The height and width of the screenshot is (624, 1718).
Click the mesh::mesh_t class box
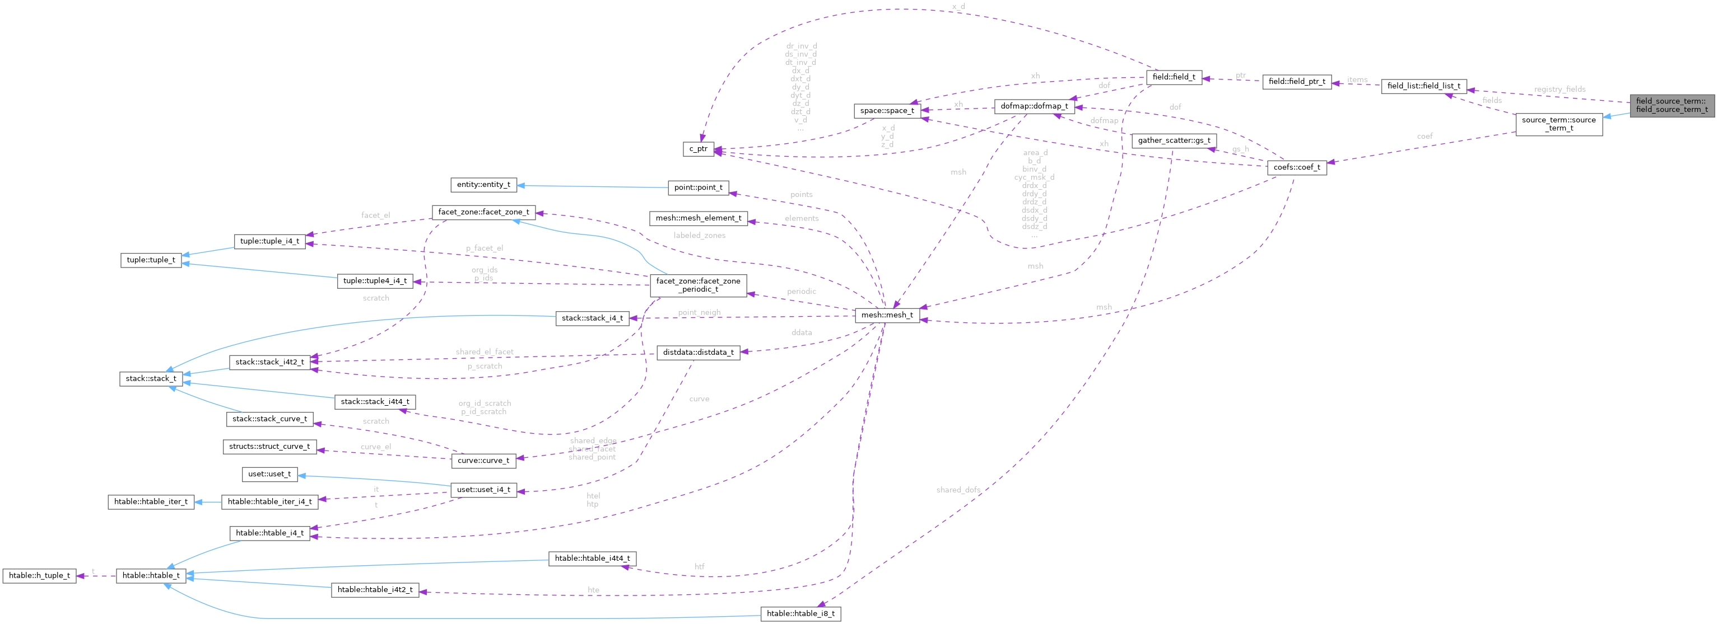pyautogui.click(x=887, y=315)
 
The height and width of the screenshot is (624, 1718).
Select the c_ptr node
pyautogui.click(x=699, y=149)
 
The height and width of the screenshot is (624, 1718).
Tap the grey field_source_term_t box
pyautogui.click(x=1672, y=105)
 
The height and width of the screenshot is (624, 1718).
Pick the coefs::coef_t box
pyautogui.click(x=1297, y=167)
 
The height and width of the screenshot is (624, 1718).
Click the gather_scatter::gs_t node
pyautogui.click(x=1174, y=140)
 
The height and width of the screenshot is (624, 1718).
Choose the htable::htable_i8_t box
pyautogui.click(x=800, y=613)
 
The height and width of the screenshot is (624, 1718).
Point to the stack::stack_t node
pyautogui.click(x=151, y=379)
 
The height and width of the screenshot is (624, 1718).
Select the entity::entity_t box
pyautogui.click(x=483, y=185)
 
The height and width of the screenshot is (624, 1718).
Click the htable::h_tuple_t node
pyautogui.click(x=39, y=575)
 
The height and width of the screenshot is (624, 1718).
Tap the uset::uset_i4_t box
pyautogui.click(x=483, y=490)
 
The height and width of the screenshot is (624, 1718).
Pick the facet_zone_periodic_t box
pyautogui.click(x=699, y=285)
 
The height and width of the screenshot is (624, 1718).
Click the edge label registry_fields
pyautogui.click(x=1559, y=90)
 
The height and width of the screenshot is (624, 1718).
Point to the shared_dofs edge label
pyautogui.click(x=958, y=490)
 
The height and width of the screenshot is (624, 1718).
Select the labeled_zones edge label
pyautogui.click(x=699, y=236)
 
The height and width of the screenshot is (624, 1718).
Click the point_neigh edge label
pyautogui.click(x=699, y=313)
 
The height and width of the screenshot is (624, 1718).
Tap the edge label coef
pyautogui.click(x=1424, y=136)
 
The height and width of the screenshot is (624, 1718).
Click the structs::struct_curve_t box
pyautogui.click(x=269, y=447)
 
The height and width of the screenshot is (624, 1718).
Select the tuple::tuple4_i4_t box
pyautogui.click(x=375, y=281)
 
